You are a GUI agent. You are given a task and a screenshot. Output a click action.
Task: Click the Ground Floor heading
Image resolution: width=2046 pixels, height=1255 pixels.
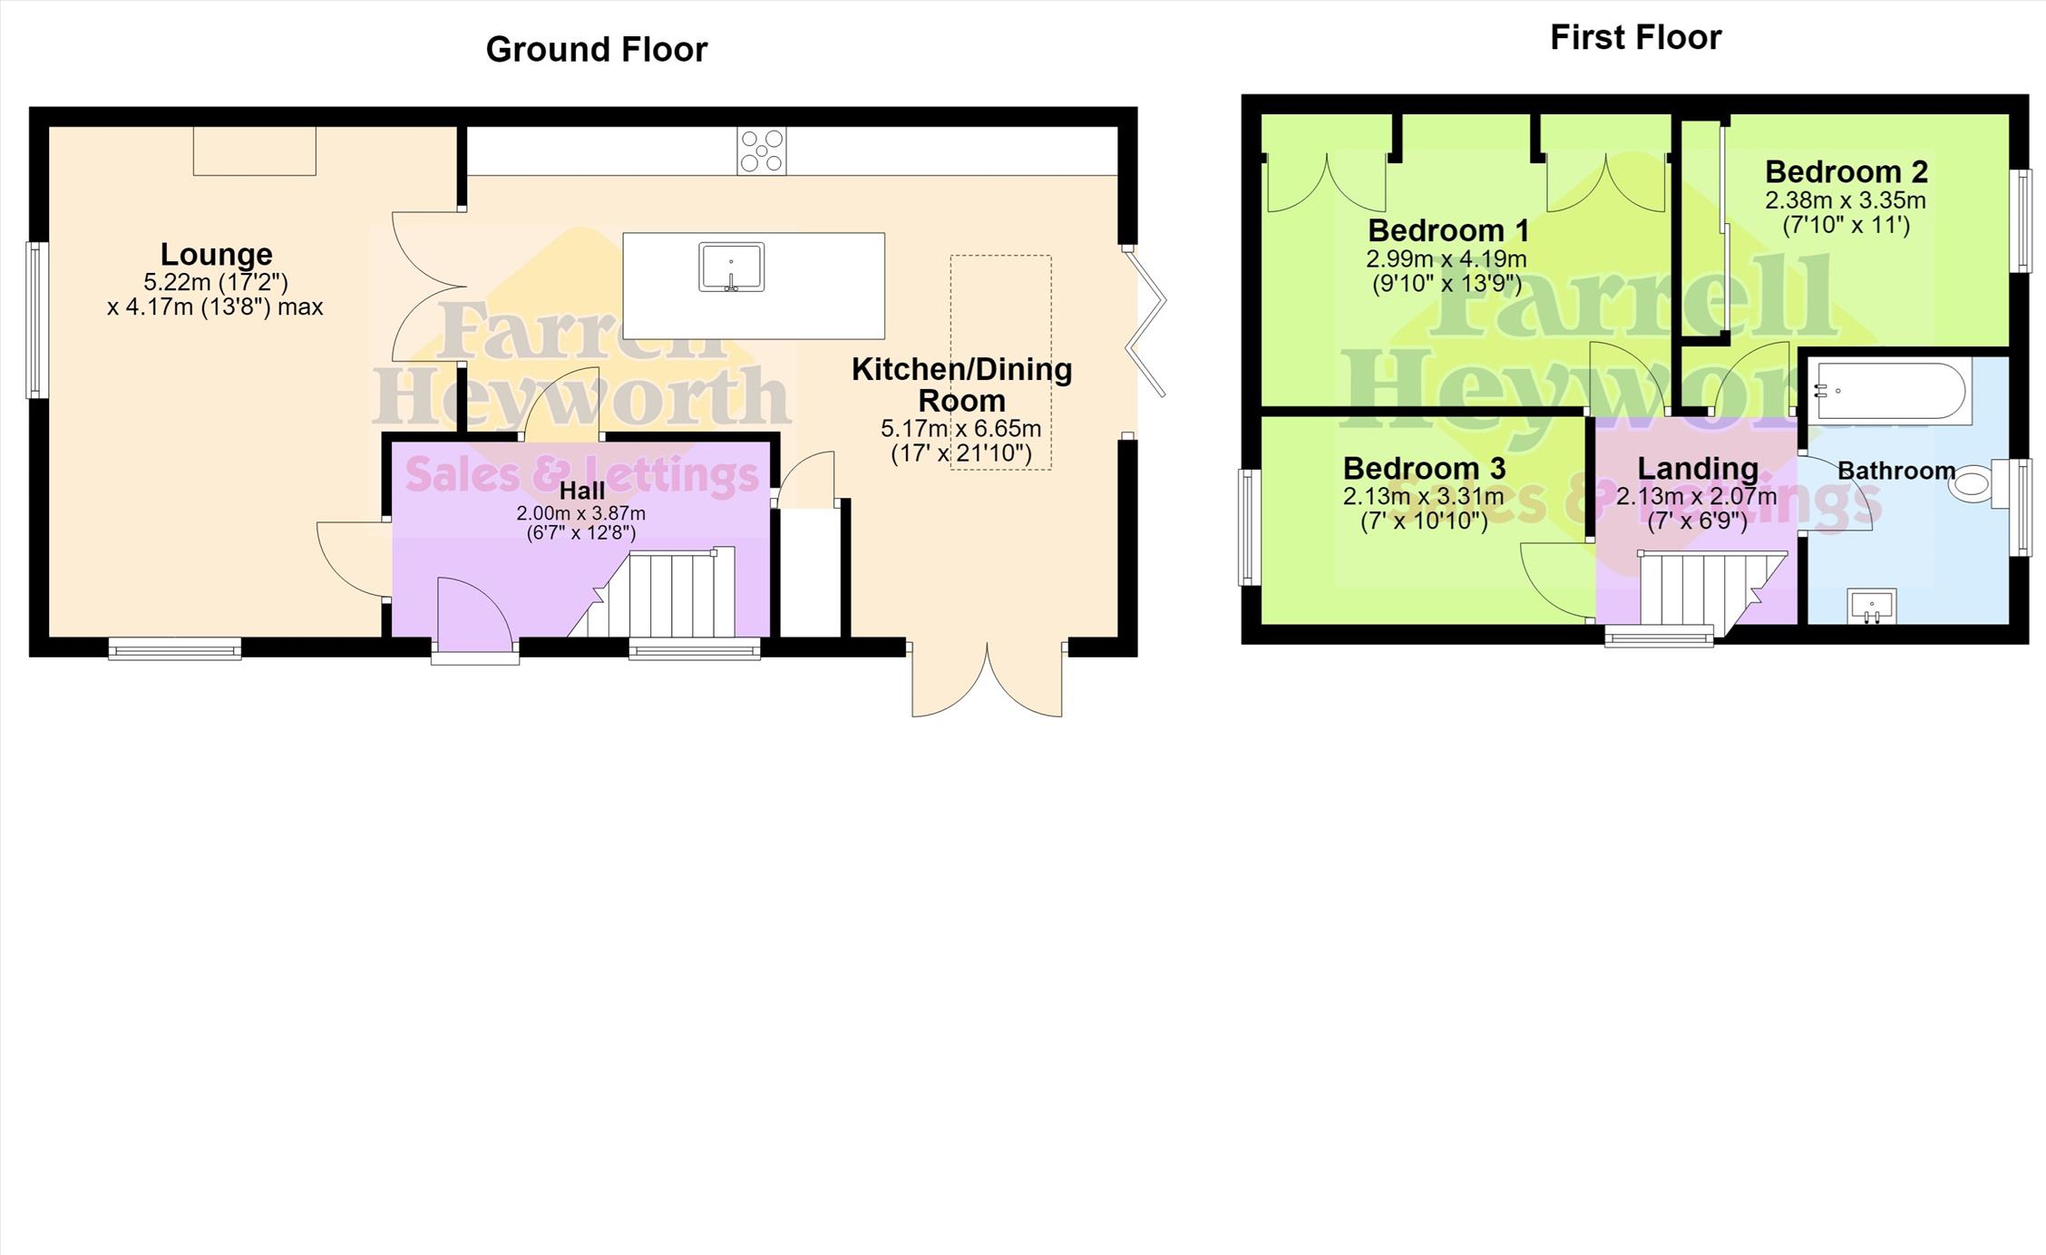[x=596, y=49]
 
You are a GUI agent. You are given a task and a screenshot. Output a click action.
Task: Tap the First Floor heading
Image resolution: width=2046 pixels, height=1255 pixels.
[x=1635, y=37]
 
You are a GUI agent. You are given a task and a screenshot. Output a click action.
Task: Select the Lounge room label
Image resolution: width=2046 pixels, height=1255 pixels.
[x=216, y=254]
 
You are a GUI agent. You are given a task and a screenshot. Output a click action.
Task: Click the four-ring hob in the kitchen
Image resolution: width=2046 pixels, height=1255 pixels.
[x=762, y=151]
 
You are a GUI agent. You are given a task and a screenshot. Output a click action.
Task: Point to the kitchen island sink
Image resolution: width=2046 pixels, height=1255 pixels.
[x=731, y=267]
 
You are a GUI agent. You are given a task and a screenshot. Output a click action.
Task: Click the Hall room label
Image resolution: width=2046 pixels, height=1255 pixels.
[x=581, y=491]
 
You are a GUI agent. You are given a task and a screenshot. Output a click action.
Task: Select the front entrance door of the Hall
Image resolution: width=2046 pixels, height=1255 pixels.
[x=474, y=617]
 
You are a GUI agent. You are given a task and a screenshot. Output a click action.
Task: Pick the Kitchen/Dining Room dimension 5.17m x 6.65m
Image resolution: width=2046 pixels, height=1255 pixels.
[x=960, y=428]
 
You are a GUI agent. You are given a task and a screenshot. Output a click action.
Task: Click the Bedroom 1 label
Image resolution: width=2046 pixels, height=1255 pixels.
[x=1448, y=229]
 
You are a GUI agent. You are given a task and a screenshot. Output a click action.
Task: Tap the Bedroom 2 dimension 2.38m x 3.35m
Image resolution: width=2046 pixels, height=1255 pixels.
[x=1845, y=200]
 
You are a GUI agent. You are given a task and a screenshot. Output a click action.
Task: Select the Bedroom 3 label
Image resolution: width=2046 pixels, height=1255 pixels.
[x=1424, y=468]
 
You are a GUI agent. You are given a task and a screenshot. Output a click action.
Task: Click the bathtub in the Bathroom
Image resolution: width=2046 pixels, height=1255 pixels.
[x=1890, y=392]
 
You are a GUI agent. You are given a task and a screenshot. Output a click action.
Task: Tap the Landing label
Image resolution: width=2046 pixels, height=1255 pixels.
[x=1698, y=468]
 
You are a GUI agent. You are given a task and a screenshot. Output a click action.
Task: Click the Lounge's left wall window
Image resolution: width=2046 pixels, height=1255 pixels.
[x=36, y=320]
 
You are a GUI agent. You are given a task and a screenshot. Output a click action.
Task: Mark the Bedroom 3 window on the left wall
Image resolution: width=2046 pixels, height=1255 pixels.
[x=1250, y=527]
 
